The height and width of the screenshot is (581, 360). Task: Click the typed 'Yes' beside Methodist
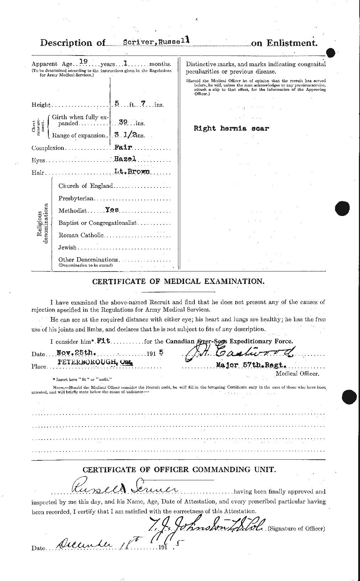(x=112, y=210)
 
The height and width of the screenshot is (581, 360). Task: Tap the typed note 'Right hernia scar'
(x=231, y=128)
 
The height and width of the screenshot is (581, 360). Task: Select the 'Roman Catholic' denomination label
(x=81, y=235)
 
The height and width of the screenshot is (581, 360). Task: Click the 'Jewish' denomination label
(x=67, y=247)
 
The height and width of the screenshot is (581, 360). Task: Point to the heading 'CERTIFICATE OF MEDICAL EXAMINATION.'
(x=178, y=281)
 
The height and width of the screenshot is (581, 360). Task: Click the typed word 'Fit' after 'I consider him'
(x=105, y=341)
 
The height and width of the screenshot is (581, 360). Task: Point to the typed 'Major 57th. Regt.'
(x=251, y=365)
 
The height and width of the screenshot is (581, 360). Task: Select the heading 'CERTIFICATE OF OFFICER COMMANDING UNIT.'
(x=179, y=469)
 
